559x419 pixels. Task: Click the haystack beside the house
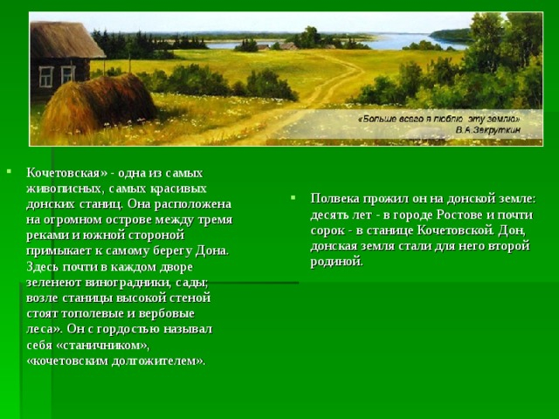99,104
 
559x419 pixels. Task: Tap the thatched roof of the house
66,40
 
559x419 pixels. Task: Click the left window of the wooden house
46,77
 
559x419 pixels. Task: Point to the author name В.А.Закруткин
488,130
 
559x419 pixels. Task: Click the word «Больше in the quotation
376,119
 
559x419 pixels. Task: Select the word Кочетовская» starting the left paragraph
66,173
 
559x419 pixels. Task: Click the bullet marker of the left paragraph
9,171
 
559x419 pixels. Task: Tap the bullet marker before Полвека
293,196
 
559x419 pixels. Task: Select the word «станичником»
101,346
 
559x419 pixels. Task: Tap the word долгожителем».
159,361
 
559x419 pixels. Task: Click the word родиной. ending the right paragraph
336,262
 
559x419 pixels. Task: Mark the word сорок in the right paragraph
328,230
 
